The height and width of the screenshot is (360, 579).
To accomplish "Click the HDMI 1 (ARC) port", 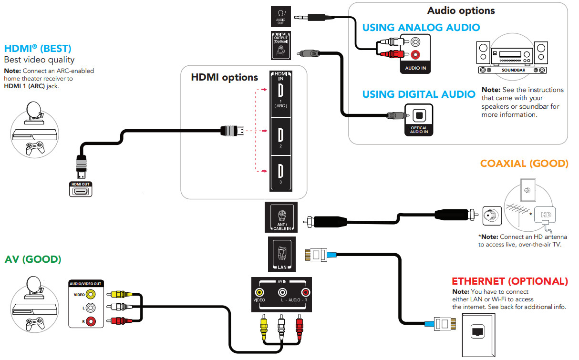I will pyautogui.click(x=280, y=92).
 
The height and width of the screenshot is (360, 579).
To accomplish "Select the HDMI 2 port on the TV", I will pyautogui.click(x=280, y=135).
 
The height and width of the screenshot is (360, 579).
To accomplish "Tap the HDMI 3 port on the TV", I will pyautogui.click(x=280, y=173).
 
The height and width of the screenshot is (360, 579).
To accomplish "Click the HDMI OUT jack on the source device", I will pyautogui.click(x=80, y=191).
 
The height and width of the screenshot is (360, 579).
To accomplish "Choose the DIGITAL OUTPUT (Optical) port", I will pyautogui.click(x=281, y=50).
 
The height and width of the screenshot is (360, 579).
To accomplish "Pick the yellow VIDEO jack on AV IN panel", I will pyautogui.click(x=259, y=292).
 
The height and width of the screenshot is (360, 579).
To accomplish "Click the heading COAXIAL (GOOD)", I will pyautogui.click(x=524, y=164).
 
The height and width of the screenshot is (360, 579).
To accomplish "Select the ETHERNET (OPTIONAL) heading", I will pyautogui.click(x=509, y=281).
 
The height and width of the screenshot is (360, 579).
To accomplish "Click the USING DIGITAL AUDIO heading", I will pyautogui.click(x=418, y=94).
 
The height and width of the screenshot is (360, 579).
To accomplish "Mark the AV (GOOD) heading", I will pyautogui.click(x=33, y=259).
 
